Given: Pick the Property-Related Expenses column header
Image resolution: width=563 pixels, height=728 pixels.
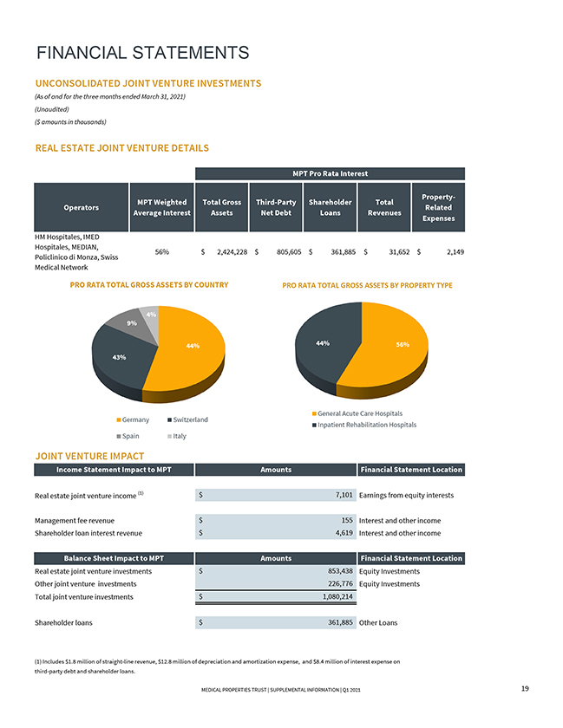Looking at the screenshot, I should coord(441,207).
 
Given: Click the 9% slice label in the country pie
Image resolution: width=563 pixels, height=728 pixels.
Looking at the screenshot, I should coord(131,323).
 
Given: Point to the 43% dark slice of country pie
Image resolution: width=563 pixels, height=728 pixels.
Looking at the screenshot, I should coord(119,356).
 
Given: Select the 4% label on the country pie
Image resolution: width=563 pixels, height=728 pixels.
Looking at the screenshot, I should coord(151,314).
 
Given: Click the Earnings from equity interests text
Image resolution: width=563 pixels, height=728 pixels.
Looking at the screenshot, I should coord(406,495).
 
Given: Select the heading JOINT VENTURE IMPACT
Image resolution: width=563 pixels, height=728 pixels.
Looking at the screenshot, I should coord(89,456).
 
